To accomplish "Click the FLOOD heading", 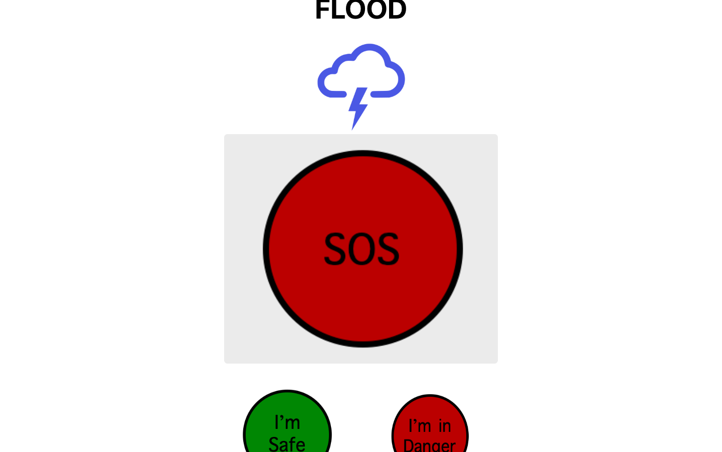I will tap(360, 10).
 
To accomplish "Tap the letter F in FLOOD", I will tap(322, 10).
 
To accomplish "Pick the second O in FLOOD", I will tap(377, 10).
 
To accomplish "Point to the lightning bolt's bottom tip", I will tap(353, 128).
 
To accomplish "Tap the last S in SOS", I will tap(388, 249).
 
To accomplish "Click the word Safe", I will tap(287, 444).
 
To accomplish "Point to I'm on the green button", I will tap(287, 422).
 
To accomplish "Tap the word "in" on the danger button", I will tap(445, 426).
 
